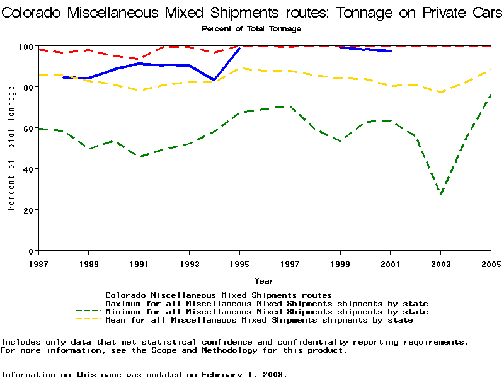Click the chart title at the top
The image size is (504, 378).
coord(252,13)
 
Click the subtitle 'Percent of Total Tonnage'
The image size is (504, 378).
coord(251,29)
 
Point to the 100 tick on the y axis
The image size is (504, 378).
coord(26,47)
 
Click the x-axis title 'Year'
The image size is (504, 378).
coord(264,280)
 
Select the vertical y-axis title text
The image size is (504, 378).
coord(11,148)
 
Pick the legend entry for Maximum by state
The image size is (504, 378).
coord(266,304)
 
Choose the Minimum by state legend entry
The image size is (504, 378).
coord(266,312)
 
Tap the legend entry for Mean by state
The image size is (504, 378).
coord(259,320)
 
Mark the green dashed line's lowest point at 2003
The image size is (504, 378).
coord(441,195)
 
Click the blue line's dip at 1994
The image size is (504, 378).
coord(215,80)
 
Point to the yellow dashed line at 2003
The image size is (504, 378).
coord(441,93)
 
